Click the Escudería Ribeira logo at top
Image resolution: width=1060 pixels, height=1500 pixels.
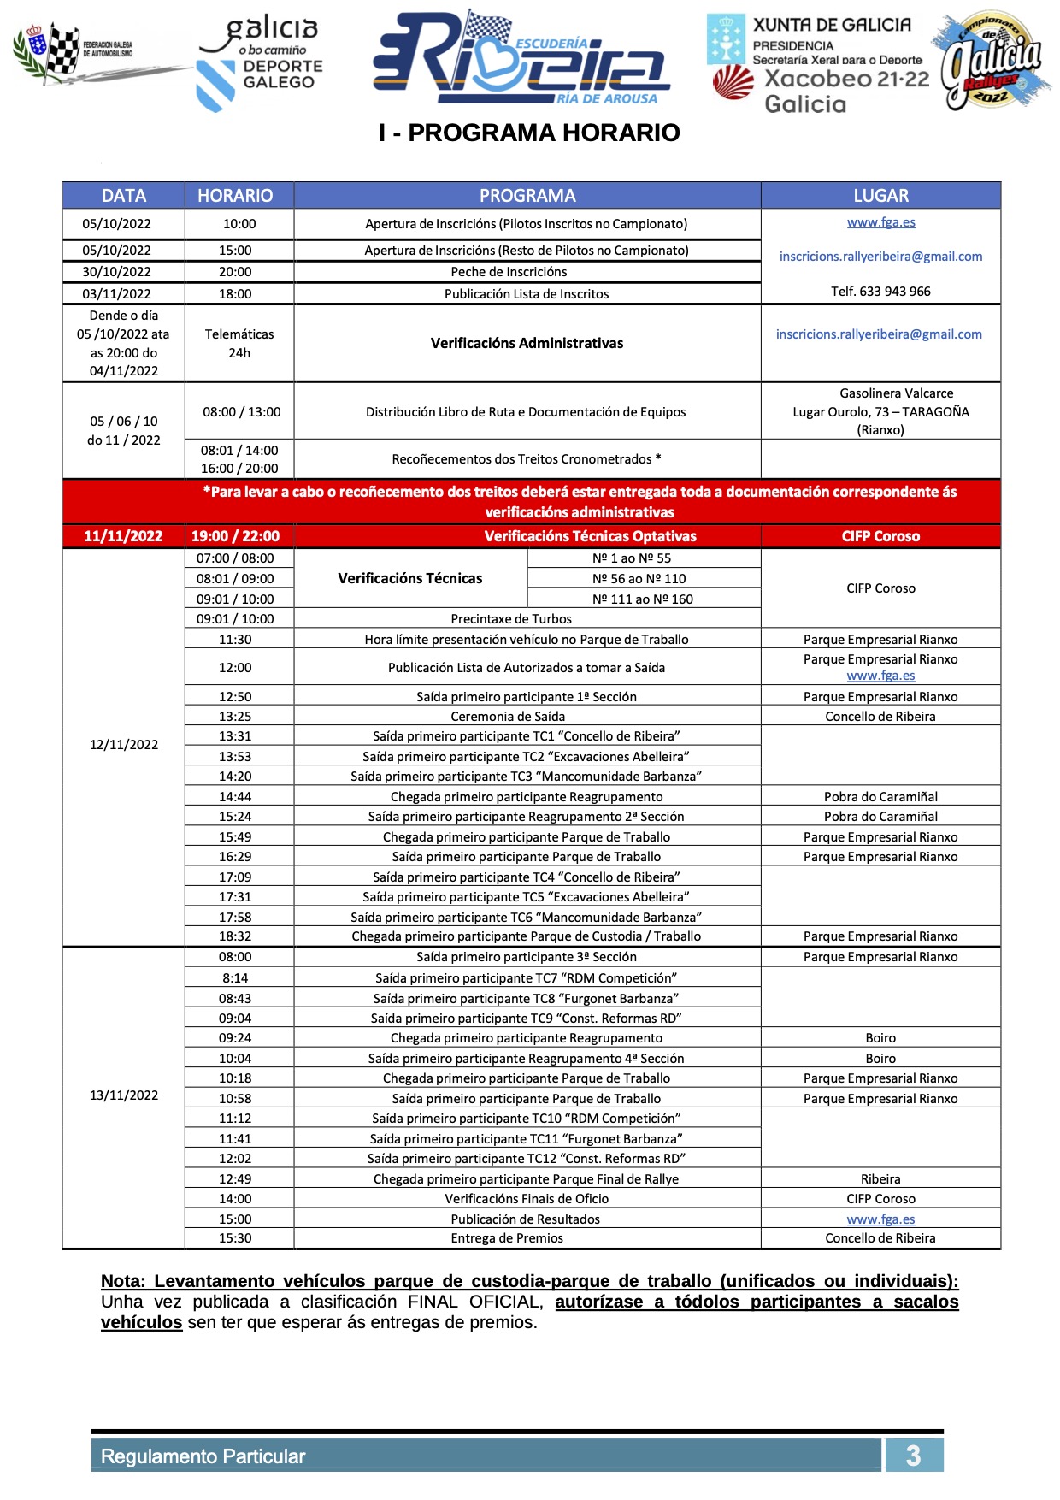point(521,58)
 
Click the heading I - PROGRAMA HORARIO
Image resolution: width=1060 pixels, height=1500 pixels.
point(529,133)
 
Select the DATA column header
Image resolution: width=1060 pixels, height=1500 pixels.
point(124,196)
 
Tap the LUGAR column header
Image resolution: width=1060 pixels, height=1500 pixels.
point(880,196)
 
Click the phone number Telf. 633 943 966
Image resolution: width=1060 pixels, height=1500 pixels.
point(880,292)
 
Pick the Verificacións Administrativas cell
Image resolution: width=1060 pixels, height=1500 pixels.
point(527,343)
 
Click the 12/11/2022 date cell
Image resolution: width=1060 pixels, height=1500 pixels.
point(124,745)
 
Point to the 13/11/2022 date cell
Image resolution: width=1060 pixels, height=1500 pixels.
point(124,1095)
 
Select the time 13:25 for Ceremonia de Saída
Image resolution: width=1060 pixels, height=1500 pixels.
point(235,717)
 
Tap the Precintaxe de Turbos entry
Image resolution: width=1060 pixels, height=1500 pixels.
point(511,619)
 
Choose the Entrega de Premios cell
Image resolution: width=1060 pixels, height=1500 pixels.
point(507,1238)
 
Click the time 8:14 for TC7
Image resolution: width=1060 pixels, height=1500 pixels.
point(235,978)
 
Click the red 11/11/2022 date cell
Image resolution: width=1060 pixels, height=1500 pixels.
point(123,536)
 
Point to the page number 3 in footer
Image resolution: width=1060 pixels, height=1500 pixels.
point(913,1456)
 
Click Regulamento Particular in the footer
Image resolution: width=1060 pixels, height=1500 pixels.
point(203,1456)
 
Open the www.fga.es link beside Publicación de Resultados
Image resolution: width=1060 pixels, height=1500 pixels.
point(880,1219)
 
